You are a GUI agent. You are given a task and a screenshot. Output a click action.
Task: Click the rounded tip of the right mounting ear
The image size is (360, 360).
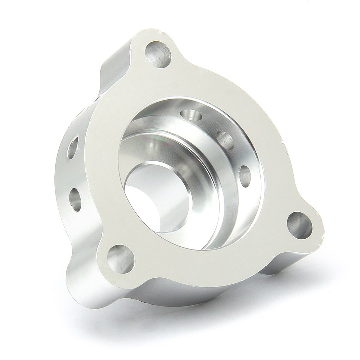coord(317,234)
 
